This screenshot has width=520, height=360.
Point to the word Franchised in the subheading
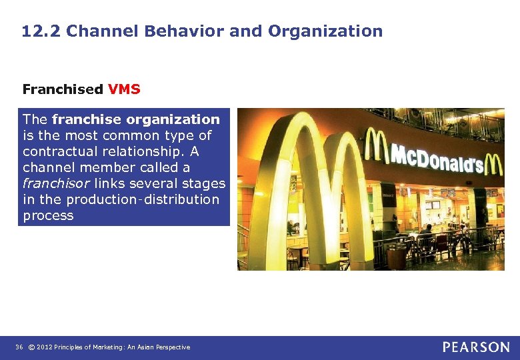(63, 89)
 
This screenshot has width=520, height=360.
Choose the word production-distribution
(152, 199)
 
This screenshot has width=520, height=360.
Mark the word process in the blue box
(48, 215)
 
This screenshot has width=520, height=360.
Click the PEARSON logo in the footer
(476, 347)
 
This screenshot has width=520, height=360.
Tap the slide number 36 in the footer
(19, 347)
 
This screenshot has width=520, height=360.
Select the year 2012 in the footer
(45, 347)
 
